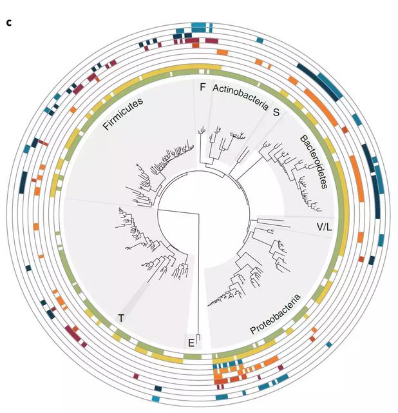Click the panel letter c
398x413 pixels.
click(x=9, y=23)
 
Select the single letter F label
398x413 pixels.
click(x=203, y=88)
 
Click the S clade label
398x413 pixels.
click(x=276, y=112)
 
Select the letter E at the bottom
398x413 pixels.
click(x=191, y=342)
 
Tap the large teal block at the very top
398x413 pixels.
click(x=198, y=26)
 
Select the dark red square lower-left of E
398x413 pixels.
click(x=136, y=375)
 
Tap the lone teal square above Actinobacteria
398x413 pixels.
click(x=260, y=40)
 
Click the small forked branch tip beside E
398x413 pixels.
click(x=199, y=336)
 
